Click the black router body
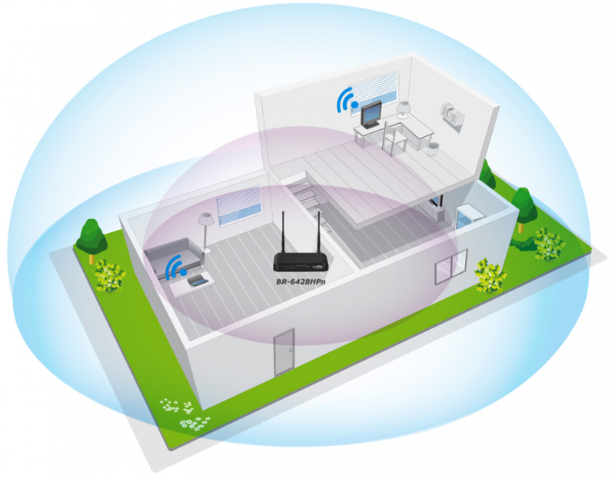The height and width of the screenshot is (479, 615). coord(300,261)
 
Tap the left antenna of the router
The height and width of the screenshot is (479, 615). coord(283,232)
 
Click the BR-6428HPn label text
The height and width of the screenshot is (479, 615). coord(301,281)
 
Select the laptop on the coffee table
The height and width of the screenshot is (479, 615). coord(197,281)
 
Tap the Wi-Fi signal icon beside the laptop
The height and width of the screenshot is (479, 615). coord(175,268)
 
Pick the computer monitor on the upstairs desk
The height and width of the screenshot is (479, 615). coord(371,114)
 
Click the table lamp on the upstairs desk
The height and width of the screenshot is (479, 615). coord(403,109)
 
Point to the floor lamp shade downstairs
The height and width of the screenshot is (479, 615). coord(205,219)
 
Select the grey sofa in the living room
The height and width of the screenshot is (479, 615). coord(175,255)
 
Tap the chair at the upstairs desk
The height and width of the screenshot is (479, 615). coord(394,138)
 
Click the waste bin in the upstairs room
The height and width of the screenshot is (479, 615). coord(433,149)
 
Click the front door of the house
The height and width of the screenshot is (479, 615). coord(284,352)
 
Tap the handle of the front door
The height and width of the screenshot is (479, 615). coord(291,351)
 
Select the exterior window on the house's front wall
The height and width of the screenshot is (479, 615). coord(451,266)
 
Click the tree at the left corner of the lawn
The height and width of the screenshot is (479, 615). coord(91,239)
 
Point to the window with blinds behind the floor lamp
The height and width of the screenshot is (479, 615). coord(239,205)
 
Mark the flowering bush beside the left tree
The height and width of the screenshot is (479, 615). coord(109,275)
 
